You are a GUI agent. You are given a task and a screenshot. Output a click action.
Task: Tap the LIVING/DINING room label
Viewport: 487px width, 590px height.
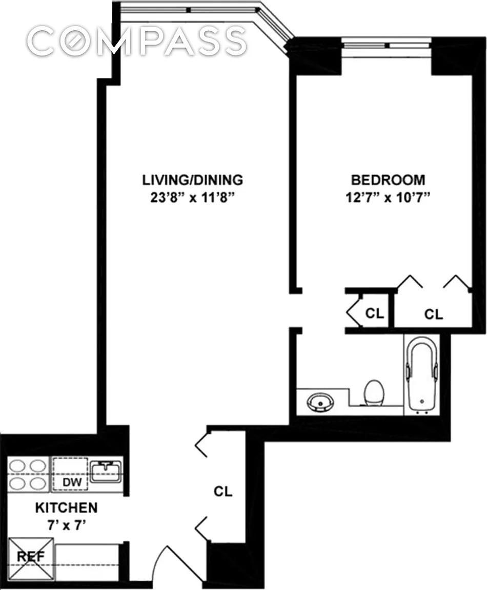point(192,180)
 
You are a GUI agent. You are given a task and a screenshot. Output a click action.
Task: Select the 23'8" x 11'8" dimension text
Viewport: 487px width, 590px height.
point(192,198)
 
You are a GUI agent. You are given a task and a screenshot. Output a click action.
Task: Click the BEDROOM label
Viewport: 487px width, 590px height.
point(388,180)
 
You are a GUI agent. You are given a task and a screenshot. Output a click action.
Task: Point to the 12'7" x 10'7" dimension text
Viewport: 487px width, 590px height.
point(388,198)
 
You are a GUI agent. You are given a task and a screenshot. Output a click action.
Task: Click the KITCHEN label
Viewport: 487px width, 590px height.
point(66,508)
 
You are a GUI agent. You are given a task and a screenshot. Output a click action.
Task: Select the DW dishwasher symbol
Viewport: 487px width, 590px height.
point(70,474)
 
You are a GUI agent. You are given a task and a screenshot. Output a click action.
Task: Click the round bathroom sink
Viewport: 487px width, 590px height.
point(320,402)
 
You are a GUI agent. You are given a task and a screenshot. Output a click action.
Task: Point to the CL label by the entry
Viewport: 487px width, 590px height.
point(223,492)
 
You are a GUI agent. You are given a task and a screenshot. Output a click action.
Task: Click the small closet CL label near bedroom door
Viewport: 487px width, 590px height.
point(374,313)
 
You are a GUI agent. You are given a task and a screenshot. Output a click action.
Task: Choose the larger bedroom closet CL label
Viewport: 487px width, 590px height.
point(434,314)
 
